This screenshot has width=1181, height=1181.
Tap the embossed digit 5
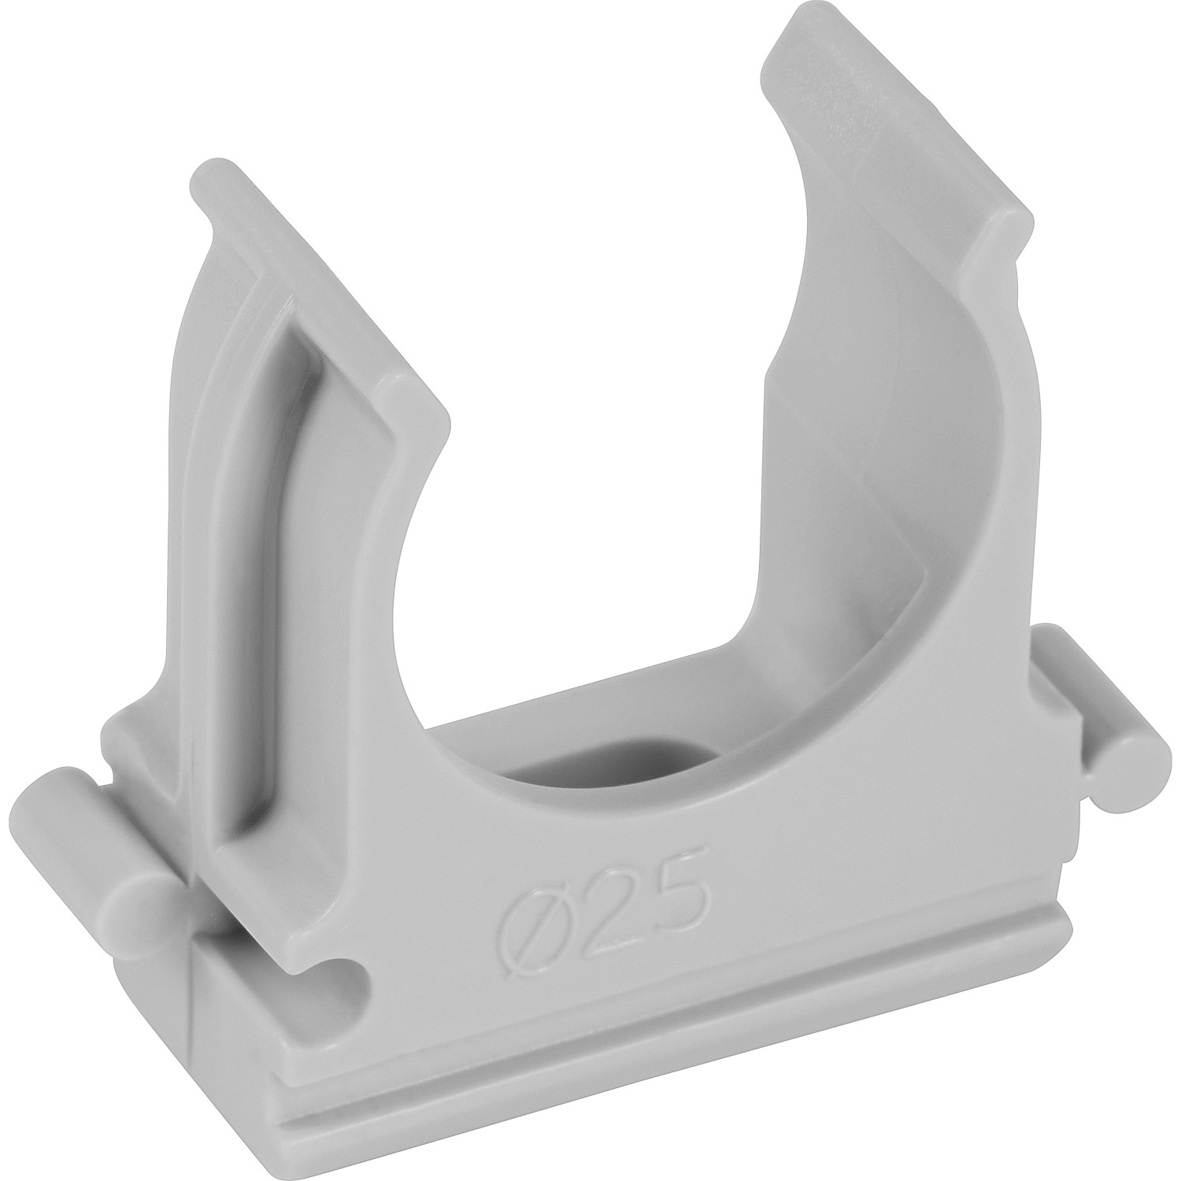pyautogui.click(x=674, y=887)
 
